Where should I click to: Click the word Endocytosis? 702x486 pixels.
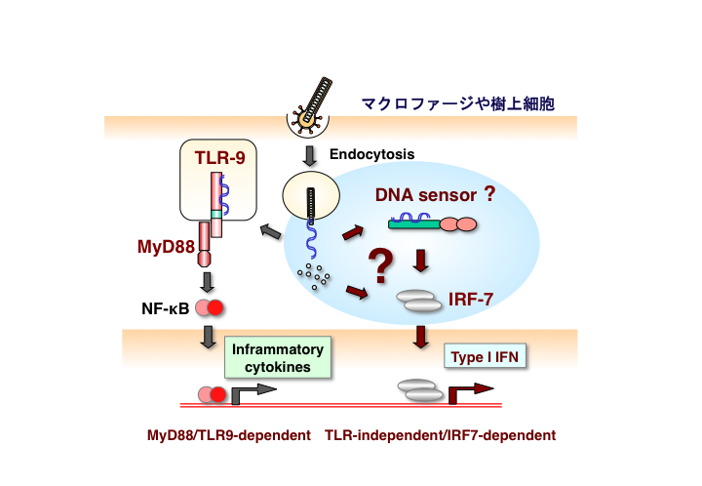(x=371, y=154)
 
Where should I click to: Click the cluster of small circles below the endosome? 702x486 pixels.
(x=314, y=277)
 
